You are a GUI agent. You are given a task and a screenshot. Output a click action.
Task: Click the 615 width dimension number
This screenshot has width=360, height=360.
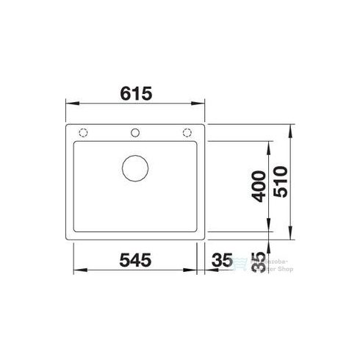click(x=136, y=94)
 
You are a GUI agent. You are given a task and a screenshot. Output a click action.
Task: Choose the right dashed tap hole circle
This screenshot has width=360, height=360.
click(x=186, y=133)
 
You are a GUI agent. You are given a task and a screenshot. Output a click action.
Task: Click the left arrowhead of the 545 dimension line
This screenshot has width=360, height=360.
click(x=76, y=271)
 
